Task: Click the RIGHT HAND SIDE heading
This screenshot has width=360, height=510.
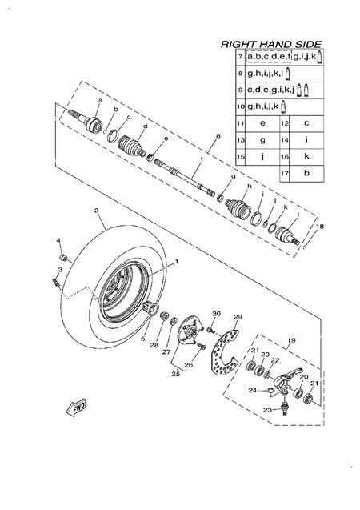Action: (271, 44)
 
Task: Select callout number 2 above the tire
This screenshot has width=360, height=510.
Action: (95, 211)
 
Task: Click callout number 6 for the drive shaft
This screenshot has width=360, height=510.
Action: (217, 137)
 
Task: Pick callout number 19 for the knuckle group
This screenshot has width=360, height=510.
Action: (290, 340)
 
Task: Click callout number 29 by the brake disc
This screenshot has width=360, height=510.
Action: (236, 318)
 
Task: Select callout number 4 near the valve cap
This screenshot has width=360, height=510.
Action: (58, 240)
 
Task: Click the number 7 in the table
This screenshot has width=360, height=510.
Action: (240, 57)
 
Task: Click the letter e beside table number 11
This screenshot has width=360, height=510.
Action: (262, 123)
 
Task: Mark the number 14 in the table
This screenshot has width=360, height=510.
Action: (284, 139)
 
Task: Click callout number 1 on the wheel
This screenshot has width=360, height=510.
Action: (177, 261)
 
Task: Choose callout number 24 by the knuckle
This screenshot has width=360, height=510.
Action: (251, 391)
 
